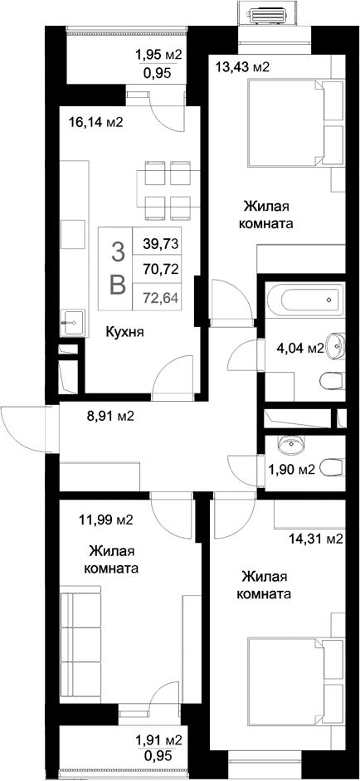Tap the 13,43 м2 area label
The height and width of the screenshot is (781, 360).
pos(242,67)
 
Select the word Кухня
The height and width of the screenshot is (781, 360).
pos(125,332)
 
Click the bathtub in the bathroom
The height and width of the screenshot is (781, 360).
pos(304,297)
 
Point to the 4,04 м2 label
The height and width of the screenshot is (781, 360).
pos(299,349)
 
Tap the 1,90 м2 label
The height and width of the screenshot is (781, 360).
pos(292,470)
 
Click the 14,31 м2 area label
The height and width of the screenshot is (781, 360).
pos(315,539)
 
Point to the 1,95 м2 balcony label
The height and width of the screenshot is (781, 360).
pos(158,56)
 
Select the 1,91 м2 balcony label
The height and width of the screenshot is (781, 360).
pos(158,740)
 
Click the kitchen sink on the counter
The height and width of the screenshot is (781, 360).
pos(71,317)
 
